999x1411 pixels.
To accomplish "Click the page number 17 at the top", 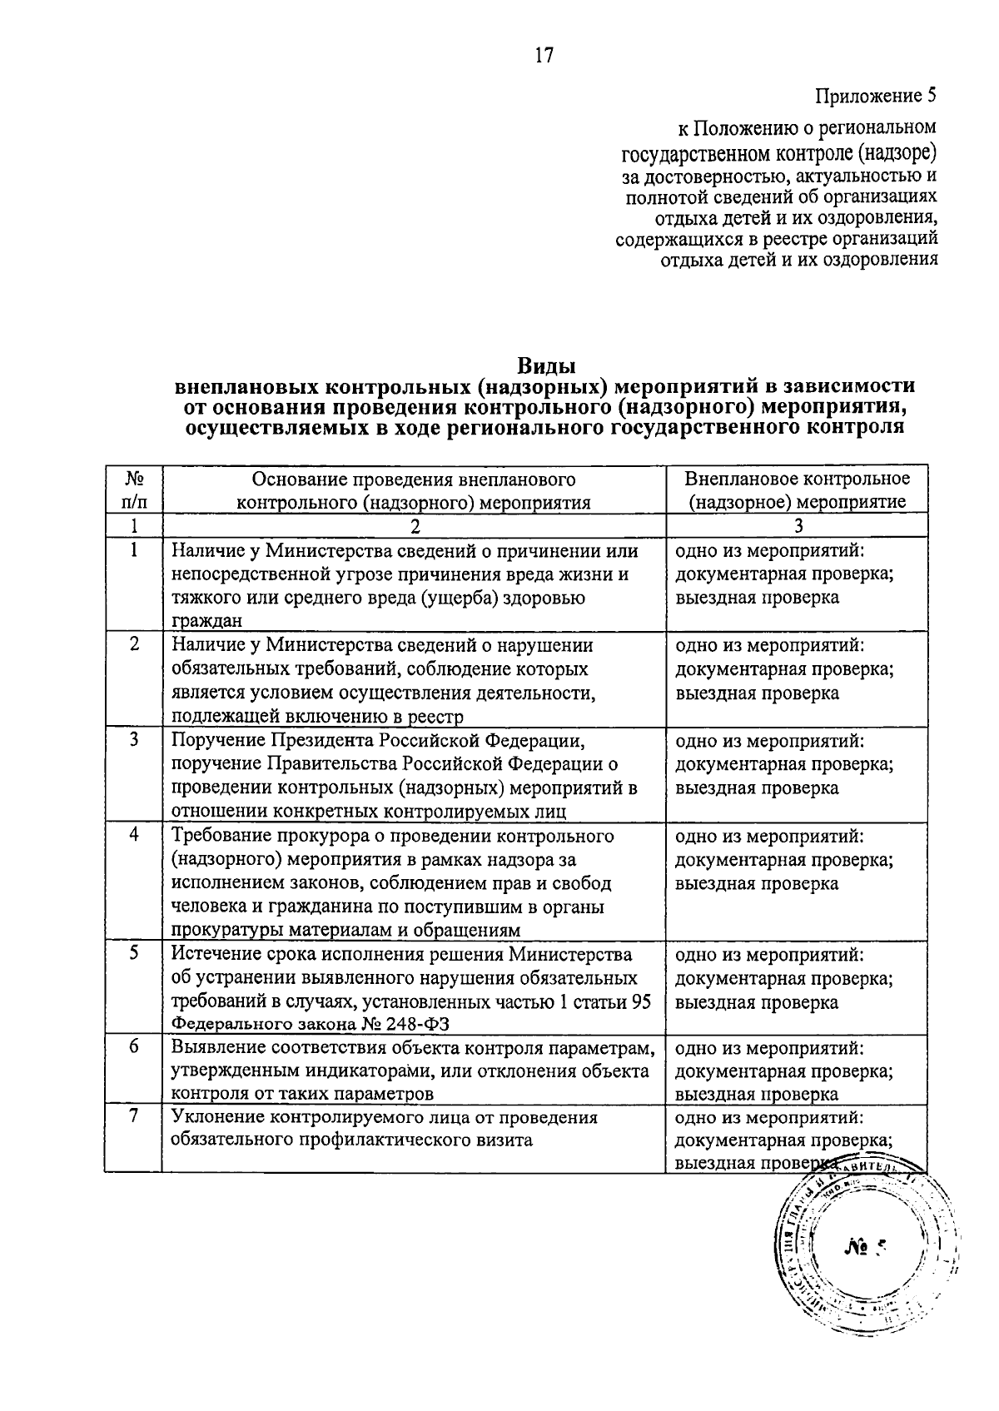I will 544,56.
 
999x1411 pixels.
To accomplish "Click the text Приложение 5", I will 875,96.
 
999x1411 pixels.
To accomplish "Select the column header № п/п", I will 133,490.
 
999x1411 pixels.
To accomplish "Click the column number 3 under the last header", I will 798,525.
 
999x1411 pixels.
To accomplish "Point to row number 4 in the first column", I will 134,834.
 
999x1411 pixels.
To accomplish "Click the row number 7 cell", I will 134,1116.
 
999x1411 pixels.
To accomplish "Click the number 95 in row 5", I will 641,1001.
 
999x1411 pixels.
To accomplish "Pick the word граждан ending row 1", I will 206,620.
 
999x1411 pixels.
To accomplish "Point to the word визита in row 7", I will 504,1140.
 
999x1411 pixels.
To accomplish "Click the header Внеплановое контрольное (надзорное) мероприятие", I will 797,490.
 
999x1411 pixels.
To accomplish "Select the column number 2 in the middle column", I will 415,525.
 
